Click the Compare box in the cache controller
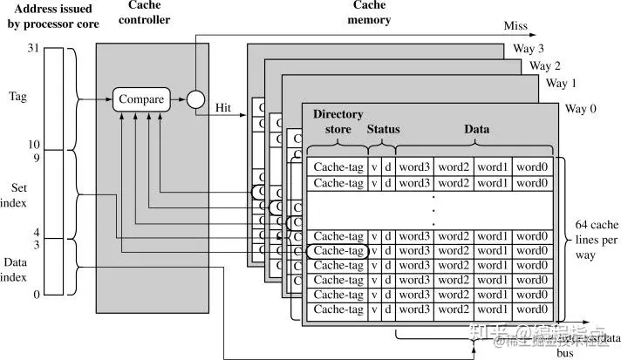[x=141, y=99]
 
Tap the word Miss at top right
[x=516, y=25]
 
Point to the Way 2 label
[x=544, y=65]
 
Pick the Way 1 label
[x=562, y=83]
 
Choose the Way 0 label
[x=582, y=108]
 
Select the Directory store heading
[x=338, y=122]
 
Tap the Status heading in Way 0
[x=383, y=129]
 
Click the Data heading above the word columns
[x=476, y=129]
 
